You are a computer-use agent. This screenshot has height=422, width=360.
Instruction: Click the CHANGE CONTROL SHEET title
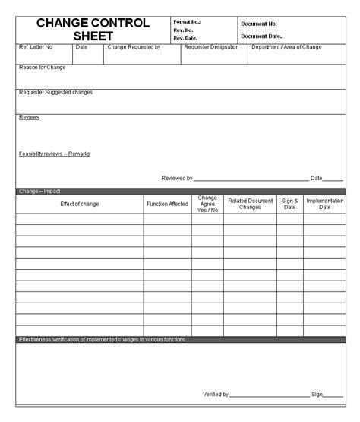tap(93, 30)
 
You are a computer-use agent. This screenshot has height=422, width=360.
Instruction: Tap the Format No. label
tap(187, 22)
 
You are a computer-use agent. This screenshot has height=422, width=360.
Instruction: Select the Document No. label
tap(259, 24)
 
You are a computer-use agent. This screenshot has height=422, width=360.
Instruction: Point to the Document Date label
tap(261, 36)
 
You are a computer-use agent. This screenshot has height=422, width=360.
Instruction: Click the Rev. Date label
tap(185, 38)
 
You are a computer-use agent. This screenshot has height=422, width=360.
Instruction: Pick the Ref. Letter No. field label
tap(36, 47)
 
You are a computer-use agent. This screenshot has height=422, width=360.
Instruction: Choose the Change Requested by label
tap(134, 47)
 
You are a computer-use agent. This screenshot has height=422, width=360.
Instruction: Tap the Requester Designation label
tap(211, 47)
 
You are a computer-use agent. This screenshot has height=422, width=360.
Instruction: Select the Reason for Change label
tap(43, 68)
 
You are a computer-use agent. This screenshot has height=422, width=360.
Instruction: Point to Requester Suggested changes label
tap(55, 93)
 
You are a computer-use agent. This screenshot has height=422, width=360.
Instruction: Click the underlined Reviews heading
tap(29, 117)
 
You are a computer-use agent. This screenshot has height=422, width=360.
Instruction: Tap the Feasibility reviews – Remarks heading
tap(54, 154)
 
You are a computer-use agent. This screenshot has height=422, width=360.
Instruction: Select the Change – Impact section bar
tap(180, 192)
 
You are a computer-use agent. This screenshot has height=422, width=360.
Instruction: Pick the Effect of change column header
tap(80, 204)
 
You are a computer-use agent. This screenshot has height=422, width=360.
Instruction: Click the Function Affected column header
tap(168, 204)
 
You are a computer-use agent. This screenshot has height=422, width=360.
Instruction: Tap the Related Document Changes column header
tap(250, 204)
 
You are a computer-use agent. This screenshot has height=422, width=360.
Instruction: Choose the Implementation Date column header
tap(324, 204)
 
